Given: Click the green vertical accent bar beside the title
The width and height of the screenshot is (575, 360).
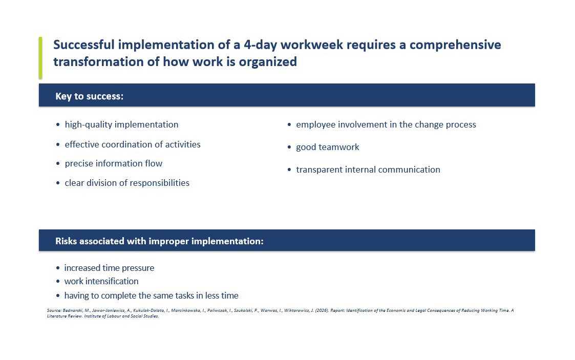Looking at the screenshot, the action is click(x=40, y=57).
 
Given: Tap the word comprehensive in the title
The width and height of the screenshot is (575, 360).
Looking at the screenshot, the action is click(x=455, y=45).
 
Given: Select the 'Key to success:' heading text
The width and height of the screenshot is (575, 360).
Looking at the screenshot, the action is click(x=90, y=96).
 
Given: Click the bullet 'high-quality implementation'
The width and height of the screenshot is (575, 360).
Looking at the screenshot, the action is click(x=121, y=124).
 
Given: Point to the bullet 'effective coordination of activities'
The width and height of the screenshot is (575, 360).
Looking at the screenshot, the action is click(x=133, y=144).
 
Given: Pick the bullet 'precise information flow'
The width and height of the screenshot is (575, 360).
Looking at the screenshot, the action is click(x=113, y=163).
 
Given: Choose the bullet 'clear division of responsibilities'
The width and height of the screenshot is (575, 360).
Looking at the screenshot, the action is click(x=127, y=183).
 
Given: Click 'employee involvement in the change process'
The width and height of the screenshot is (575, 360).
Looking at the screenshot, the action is click(x=386, y=124).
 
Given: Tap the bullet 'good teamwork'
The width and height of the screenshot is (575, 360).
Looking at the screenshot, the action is click(x=328, y=147).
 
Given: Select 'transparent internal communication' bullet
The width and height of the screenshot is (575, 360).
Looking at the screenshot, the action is click(x=368, y=170).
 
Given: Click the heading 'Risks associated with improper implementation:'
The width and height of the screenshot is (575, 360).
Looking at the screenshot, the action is click(x=160, y=241).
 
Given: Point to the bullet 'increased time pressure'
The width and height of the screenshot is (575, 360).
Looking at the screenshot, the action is click(x=109, y=268).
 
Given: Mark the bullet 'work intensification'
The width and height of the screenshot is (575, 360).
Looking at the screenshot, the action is click(x=101, y=281).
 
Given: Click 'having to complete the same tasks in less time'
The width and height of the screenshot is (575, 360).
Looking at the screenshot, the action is click(x=151, y=295).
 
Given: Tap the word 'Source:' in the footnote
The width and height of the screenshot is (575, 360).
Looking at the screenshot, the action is click(x=54, y=310).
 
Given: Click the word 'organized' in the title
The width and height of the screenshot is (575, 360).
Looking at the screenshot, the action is click(x=268, y=62).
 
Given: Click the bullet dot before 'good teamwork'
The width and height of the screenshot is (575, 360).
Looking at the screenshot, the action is click(x=289, y=148).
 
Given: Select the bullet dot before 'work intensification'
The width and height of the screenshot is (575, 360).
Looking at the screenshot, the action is click(x=57, y=282).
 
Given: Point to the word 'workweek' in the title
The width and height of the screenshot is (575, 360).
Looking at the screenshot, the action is click(x=312, y=45).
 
